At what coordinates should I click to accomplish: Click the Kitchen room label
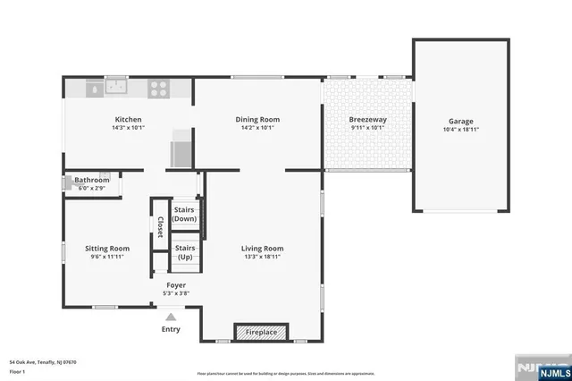click(x=128, y=120)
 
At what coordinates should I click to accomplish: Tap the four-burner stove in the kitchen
click(x=158, y=88)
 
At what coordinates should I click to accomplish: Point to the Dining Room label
click(x=257, y=120)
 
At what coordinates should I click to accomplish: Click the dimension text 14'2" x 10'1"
click(x=257, y=128)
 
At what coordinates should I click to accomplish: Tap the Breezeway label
click(x=367, y=120)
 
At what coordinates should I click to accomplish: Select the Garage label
click(x=460, y=121)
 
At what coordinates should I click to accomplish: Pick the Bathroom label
click(x=91, y=180)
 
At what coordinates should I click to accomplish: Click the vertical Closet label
click(x=160, y=228)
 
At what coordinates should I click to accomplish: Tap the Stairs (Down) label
click(x=185, y=214)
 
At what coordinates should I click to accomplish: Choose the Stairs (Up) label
click(x=185, y=252)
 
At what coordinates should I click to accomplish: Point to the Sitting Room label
click(x=107, y=249)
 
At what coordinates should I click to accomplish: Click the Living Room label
click(x=262, y=249)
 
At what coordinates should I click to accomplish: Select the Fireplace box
click(x=262, y=332)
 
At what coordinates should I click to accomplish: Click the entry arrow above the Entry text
click(x=170, y=316)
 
